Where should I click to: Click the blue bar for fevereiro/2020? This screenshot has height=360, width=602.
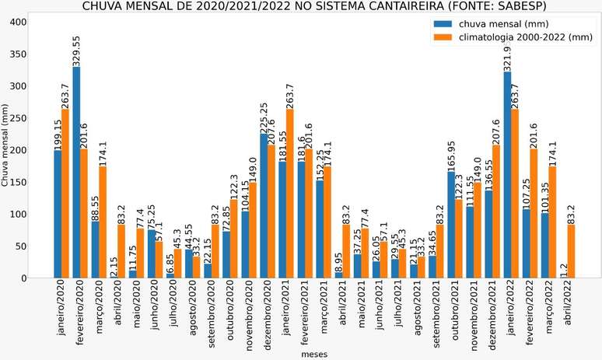76,173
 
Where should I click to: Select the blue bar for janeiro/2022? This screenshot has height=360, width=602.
507,175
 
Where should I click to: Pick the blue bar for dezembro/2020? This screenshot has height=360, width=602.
263,206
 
